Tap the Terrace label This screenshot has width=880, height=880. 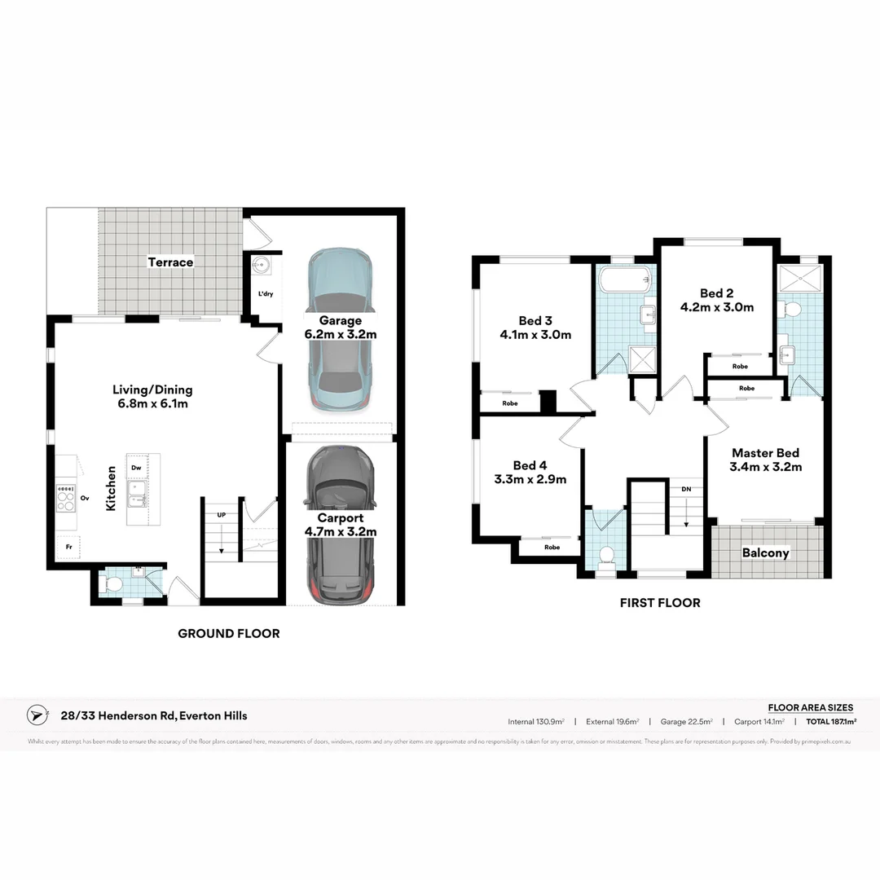170,262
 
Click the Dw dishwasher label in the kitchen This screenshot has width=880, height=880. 136,468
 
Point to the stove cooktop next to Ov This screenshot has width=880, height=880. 64,497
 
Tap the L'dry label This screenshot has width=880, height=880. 266,293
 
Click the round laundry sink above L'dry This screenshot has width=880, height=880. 261,265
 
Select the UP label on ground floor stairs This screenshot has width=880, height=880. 221,515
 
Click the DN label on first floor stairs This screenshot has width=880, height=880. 687,489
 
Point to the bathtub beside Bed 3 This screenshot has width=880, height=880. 625,281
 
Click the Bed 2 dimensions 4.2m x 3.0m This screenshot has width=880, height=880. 716,307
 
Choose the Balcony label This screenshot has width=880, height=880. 765,552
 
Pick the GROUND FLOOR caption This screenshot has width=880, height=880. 228,633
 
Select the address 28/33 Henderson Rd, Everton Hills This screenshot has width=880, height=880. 154,715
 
